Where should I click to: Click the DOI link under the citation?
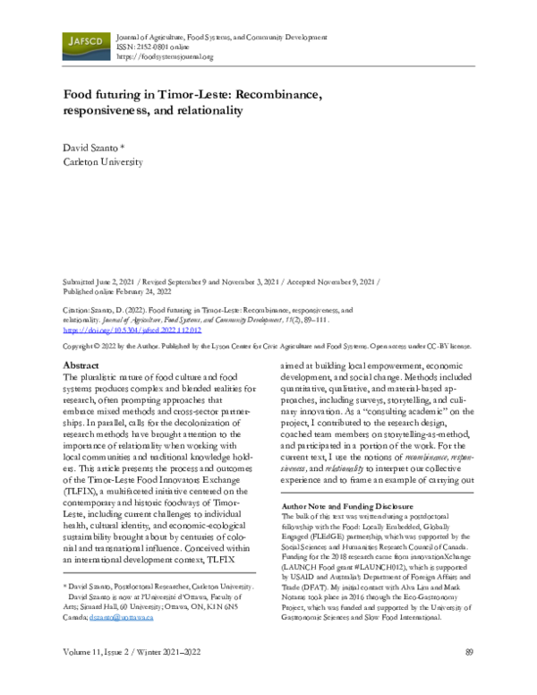(x=131, y=330)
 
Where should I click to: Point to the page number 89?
(x=469, y=676)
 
